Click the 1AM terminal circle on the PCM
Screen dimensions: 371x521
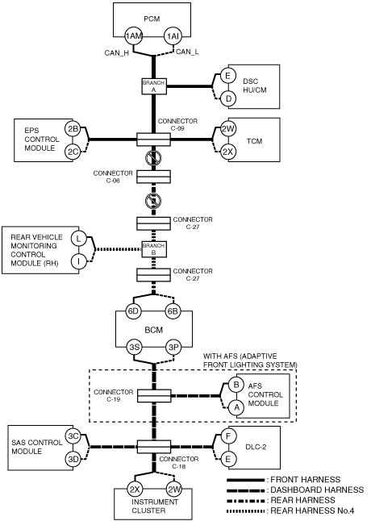133,35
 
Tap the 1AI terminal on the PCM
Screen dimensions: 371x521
173,35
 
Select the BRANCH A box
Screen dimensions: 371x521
154,86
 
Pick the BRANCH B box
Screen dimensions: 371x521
154,249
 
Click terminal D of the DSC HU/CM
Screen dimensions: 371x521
228,98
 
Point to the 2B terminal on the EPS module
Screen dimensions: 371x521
73,129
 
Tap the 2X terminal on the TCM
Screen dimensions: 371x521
228,152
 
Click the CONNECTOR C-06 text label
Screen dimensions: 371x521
113,177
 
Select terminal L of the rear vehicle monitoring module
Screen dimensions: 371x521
79,238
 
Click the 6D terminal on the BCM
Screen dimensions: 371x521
133,311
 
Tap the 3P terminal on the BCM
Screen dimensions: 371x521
173,348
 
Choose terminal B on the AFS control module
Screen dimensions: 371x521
236,385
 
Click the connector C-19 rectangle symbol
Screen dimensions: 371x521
154,396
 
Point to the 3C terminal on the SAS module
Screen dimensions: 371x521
73,436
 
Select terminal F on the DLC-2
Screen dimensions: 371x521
228,436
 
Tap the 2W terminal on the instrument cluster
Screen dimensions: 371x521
174,489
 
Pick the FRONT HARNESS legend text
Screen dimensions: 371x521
305,480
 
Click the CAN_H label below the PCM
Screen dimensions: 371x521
117,53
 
